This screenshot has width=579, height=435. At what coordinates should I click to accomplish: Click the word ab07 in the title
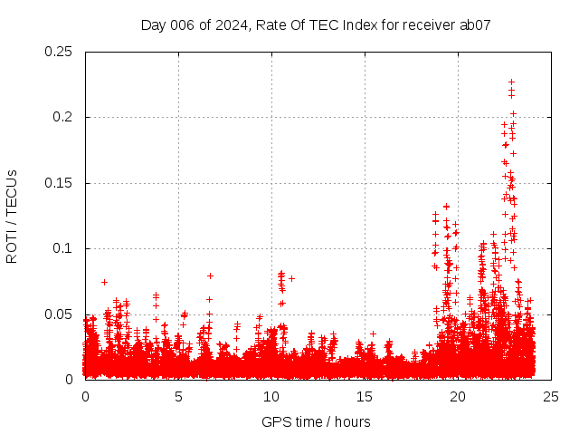coord(475,24)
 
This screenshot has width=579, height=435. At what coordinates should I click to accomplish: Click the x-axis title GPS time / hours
coord(316,421)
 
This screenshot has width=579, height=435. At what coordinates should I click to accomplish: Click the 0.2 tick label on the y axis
coord(65,117)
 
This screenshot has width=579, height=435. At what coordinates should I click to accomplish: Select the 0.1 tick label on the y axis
coord(65,248)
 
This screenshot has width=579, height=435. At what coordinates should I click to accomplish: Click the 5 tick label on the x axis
coord(178,397)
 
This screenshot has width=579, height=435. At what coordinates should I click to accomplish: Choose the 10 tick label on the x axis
coord(271,397)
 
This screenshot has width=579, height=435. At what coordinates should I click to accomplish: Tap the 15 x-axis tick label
coord(365,397)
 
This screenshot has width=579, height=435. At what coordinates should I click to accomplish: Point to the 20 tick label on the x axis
coord(458,397)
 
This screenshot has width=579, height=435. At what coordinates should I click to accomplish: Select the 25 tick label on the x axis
coord(551,397)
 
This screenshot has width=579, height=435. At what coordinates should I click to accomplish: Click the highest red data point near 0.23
coord(511,82)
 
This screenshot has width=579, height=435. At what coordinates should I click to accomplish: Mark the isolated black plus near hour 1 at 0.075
coord(104,282)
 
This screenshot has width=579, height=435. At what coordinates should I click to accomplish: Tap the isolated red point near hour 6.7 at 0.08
coord(210,275)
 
